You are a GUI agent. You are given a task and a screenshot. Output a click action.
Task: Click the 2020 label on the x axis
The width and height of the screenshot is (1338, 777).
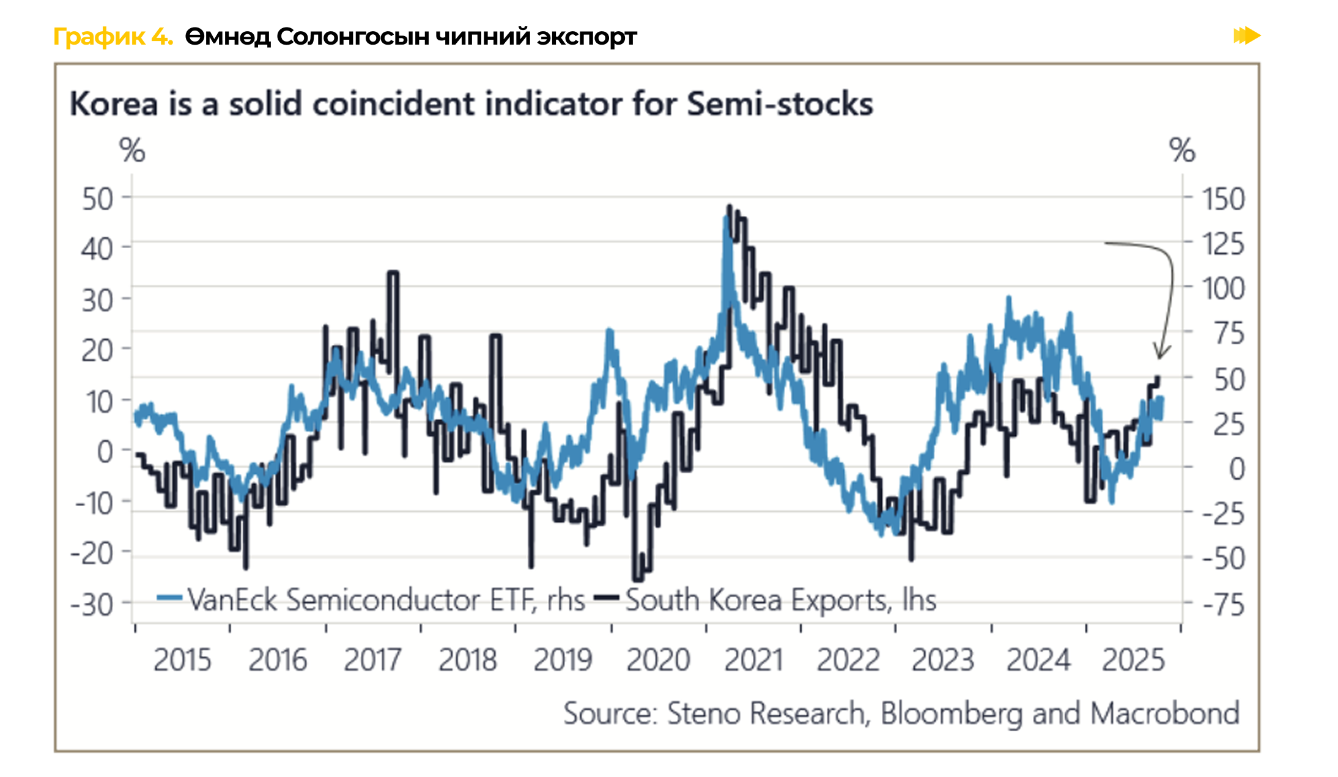click(658, 660)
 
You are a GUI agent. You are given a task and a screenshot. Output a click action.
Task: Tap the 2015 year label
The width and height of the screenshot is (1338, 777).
click(182, 660)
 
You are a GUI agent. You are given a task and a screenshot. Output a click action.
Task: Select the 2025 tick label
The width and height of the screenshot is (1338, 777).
click(1133, 660)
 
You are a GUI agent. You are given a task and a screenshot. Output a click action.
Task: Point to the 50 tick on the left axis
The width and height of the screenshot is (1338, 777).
click(98, 199)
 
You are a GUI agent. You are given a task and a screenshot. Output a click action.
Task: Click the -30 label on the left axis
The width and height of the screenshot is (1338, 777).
click(92, 605)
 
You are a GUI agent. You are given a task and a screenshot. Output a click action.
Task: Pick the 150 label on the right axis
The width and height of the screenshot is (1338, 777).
click(1223, 199)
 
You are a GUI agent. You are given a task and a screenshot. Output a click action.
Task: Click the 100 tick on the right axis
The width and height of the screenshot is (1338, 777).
click(1223, 289)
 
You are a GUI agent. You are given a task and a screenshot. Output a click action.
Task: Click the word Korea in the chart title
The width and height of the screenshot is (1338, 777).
click(114, 104)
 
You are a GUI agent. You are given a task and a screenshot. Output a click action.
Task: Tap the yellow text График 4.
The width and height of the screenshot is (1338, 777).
click(113, 37)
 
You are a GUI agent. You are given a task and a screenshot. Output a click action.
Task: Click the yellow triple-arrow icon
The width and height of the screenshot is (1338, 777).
click(1246, 35)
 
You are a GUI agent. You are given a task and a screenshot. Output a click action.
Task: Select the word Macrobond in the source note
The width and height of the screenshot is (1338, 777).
click(1165, 713)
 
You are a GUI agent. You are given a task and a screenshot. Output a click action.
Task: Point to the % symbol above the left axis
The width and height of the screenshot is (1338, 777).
click(132, 150)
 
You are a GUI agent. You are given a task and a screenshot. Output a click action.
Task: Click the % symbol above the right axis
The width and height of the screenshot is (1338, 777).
click(1182, 150)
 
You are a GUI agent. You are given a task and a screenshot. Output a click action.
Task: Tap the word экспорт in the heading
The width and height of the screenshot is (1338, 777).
click(587, 37)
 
